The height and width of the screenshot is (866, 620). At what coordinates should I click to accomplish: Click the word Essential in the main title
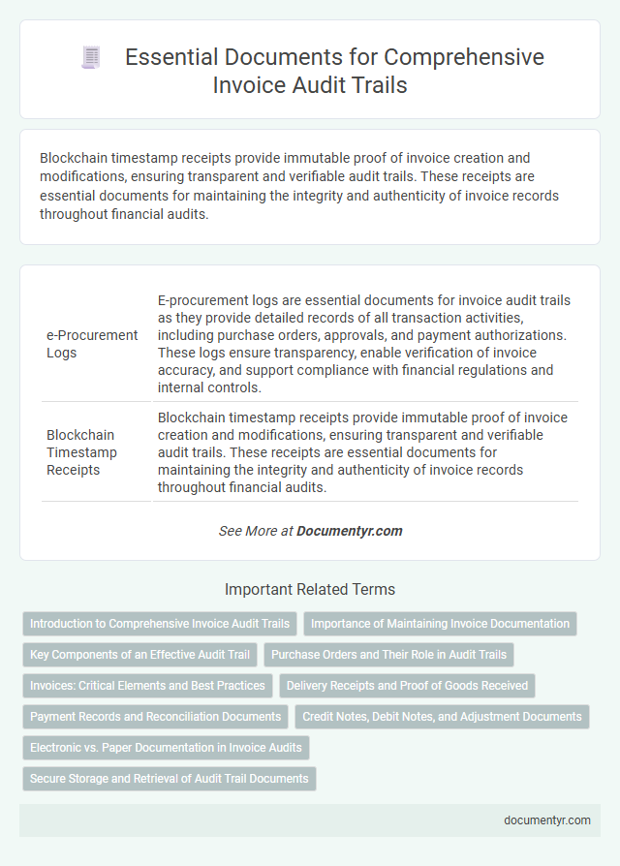170,57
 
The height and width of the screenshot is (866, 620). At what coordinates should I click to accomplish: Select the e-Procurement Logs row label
92,343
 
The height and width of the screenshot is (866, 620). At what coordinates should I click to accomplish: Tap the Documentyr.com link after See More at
349,531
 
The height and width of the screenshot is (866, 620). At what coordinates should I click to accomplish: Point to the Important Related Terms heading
310,589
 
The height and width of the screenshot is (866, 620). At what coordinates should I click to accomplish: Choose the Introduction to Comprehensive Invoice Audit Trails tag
160,624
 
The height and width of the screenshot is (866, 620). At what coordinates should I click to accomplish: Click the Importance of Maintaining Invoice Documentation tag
440,624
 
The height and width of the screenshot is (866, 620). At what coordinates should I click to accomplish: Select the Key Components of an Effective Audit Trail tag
139,655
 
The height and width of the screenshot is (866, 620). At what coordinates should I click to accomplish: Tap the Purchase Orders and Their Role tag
388,655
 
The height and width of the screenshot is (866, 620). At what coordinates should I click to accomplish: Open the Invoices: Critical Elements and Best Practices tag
147,686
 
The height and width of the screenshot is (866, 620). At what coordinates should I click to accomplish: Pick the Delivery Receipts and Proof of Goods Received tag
407,686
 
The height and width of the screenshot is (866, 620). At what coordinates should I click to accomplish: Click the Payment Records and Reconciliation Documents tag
155,717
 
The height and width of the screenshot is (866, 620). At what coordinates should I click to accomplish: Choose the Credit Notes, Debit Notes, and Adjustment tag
442,717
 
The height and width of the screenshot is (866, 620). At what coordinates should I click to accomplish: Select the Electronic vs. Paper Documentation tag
167,747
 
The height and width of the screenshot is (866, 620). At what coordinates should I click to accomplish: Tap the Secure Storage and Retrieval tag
169,778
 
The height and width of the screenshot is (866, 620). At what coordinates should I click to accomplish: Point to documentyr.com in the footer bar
547,820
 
